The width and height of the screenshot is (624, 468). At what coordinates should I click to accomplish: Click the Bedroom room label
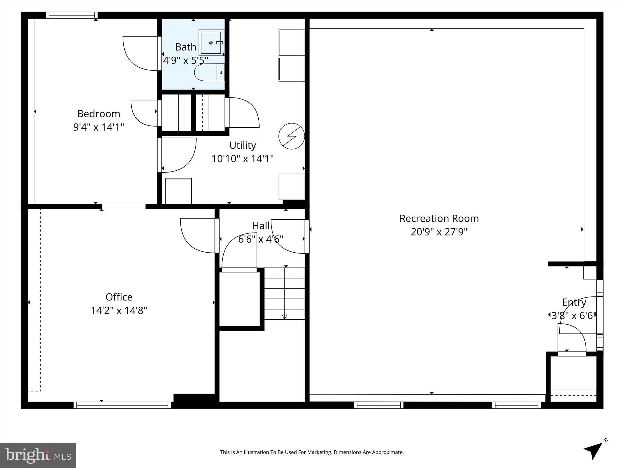pyautogui.click(x=98, y=114)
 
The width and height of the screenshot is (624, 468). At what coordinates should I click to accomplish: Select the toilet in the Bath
pyautogui.click(x=208, y=73)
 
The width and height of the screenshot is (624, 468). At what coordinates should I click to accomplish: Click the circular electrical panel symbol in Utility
pyautogui.click(x=292, y=136)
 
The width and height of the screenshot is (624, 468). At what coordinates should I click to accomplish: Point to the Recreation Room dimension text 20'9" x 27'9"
pyautogui.click(x=439, y=232)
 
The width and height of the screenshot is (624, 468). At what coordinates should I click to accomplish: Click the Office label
pyautogui.click(x=119, y=297)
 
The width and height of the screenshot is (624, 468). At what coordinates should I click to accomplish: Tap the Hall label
pyautogui.click(x=261, y=226)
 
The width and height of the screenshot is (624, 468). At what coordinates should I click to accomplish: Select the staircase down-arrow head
pyautogui.click(x=285, y=317)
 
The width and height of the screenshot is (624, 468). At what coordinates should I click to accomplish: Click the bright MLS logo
pyautogui.click(x=38, y=455)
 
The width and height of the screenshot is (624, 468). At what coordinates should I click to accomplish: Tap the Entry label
pyautogui.click(x=574, y=302)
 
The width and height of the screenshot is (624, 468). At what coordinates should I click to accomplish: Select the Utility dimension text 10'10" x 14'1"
pyautogui.click(x=243, y=159)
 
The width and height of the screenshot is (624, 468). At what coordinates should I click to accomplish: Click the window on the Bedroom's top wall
pyautogui.click(x=72, y=15)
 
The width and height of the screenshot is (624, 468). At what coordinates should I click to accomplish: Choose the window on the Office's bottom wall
pyautogui.click(x=122, y=405)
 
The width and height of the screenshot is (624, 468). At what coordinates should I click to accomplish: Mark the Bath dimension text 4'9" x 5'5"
pyautogui.click(x=186, y=60)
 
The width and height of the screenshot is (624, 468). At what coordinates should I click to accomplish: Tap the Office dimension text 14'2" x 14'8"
pyautogui.click(x=119, y=310)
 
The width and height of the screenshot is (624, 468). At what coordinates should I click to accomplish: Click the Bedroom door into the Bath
pyautogui.click(x=141, y=53)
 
